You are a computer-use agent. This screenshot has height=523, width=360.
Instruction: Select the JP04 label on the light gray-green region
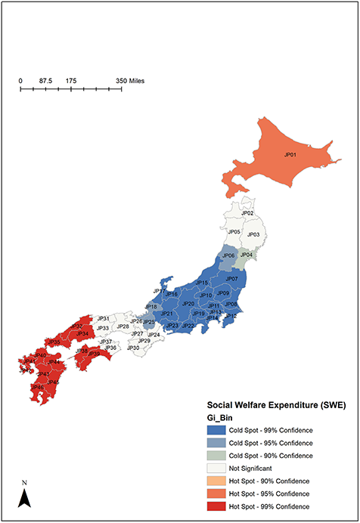(x=246, y=255)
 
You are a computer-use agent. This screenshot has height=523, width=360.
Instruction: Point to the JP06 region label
(x=228, y=255)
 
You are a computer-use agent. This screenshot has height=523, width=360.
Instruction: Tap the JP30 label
(x=133, y=348)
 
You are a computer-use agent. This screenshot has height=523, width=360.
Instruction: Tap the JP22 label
(x=189, y=326)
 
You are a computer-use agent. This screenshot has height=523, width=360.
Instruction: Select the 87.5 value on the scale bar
(x=45, y=81)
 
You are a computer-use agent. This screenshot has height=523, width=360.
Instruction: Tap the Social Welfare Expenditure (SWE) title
(x=276, y=404)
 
